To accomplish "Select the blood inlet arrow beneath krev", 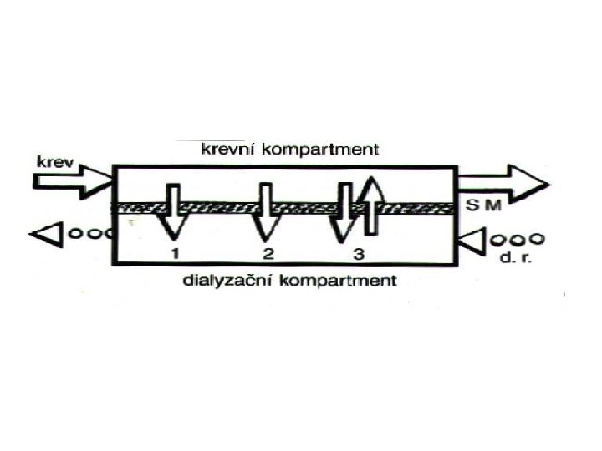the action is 71,182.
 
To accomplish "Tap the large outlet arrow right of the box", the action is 503,183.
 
